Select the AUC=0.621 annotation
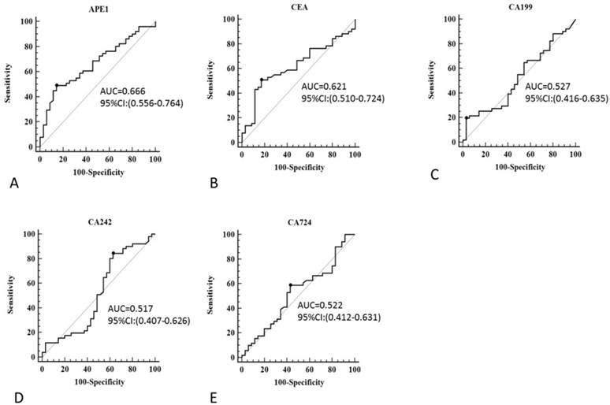coord(324,86)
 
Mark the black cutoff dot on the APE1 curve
coord(57,85)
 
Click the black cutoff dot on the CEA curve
coord(261,80)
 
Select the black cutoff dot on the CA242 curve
coord(113,253)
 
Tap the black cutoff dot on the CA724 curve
coord(291,285)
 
